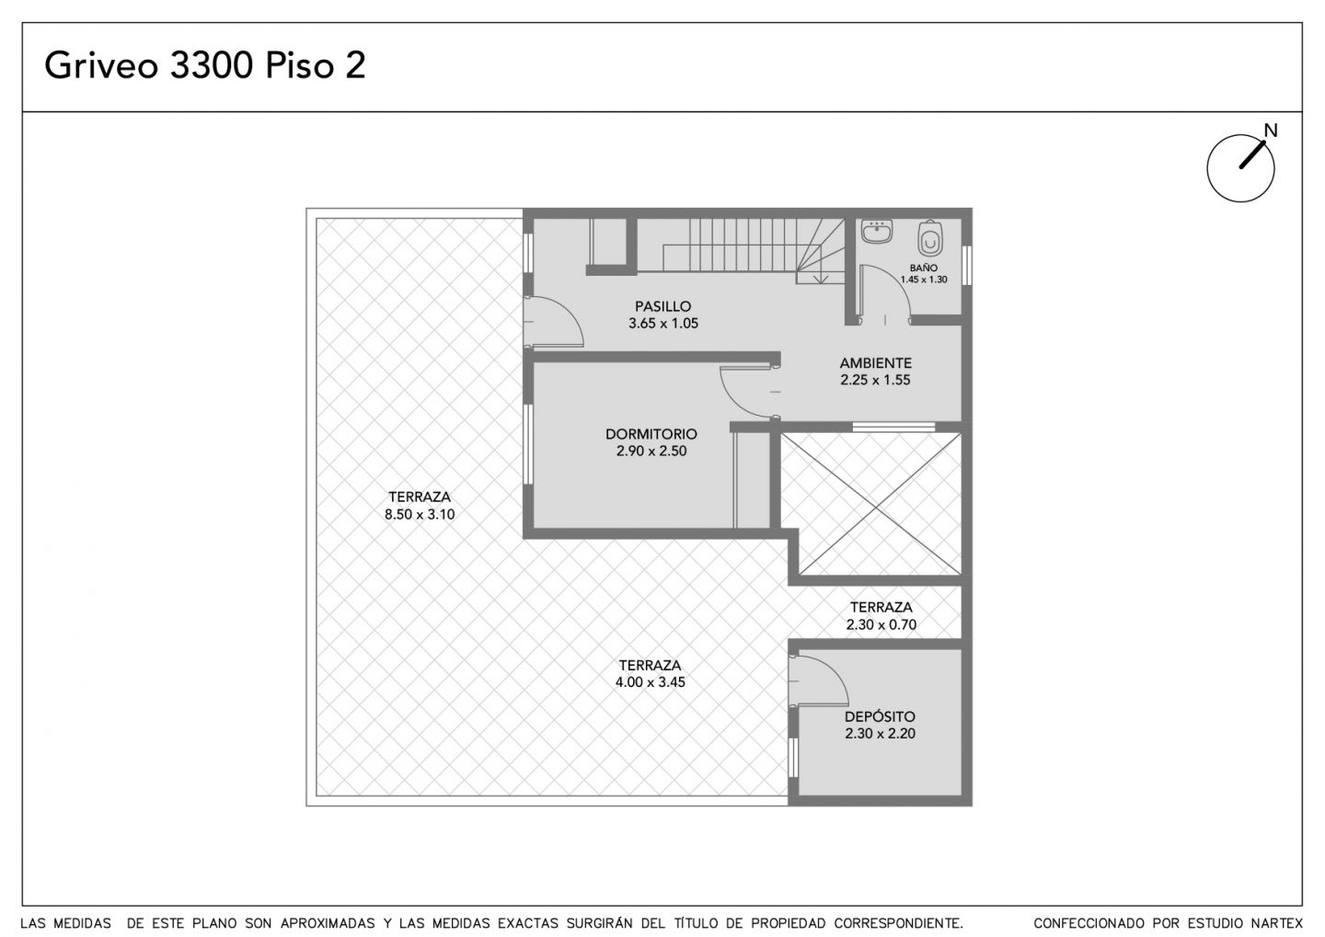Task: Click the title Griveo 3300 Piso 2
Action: [x=204, y=65]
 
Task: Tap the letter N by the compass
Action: [x=1270, y=130]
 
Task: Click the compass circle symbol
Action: [x=1240, y=168]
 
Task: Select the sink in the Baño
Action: [x=877, y=231]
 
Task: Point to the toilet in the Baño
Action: [x=930, y=238]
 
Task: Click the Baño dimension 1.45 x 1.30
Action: [x=924, y=280]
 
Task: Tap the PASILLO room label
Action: [x=663, y=306]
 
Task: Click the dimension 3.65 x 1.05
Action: [x=663, y=324]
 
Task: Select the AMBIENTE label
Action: [x=875, y=363]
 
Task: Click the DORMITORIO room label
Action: [x=651, y=434]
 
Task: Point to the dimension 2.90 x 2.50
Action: [x=651, y=451]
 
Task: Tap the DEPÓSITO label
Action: [x=881, y=716]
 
